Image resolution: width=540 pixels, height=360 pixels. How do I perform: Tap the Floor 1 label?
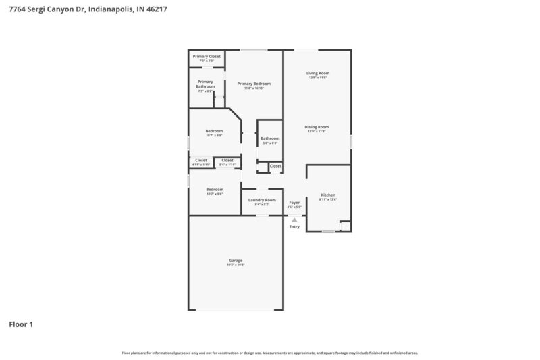pos(21,324)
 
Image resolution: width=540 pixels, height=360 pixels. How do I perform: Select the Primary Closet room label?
pos(207,56)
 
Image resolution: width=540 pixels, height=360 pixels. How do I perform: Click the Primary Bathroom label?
pos(205,84)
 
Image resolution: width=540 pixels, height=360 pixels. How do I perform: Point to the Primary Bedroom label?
pos(254,84)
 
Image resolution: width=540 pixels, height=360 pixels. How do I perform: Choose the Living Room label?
pos(317,73)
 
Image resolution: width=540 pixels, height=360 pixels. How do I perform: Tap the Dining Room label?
pos(317,127)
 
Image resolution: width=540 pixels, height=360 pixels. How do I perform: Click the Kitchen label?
pos(328,195)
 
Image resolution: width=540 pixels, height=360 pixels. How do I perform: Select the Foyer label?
pos(294,202)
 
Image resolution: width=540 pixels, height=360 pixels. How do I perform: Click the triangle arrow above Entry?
pos(294,220)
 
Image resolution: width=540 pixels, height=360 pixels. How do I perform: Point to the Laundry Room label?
pos(262,200)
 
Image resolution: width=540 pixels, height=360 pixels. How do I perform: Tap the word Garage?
pos(236,260)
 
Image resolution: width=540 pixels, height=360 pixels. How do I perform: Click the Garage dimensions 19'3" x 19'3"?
pos(236,265)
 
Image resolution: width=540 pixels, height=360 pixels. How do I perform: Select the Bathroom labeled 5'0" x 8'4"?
pos(270,138)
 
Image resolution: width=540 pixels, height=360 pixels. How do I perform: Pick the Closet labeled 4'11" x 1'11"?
pos(201,161)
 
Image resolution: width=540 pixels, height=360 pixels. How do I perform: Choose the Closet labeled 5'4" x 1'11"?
pos(227,161)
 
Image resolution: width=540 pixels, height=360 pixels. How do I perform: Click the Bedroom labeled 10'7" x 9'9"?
pos(214,131)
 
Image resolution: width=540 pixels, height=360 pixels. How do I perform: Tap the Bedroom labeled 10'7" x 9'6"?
pos(215,190)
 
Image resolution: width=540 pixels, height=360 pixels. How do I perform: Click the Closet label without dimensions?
pos(275,165)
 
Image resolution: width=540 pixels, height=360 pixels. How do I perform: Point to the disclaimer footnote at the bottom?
pos(270,353)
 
